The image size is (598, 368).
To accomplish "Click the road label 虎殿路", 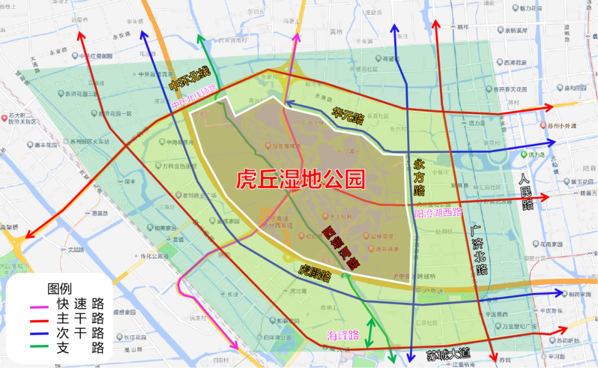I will tap(315, 272).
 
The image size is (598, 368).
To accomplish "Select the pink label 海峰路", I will tap(343, 335).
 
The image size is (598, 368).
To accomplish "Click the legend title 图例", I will tap(60, 289).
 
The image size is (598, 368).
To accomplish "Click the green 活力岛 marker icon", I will tap(523, 155).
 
